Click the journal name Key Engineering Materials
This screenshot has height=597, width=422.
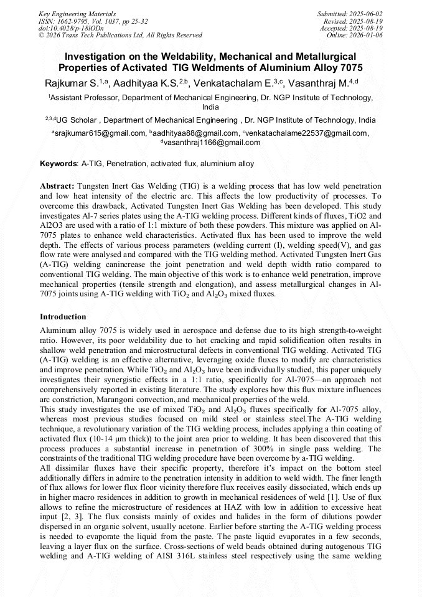[78, 13]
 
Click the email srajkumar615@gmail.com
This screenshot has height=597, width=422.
[100, 133]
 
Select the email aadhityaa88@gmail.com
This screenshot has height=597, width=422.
[195, 133]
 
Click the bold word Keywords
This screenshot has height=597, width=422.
[58, 164]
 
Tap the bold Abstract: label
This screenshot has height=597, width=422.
[57, 186]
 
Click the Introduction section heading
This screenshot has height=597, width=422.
[63, 317]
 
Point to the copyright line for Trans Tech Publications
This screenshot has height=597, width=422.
[120, 35]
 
